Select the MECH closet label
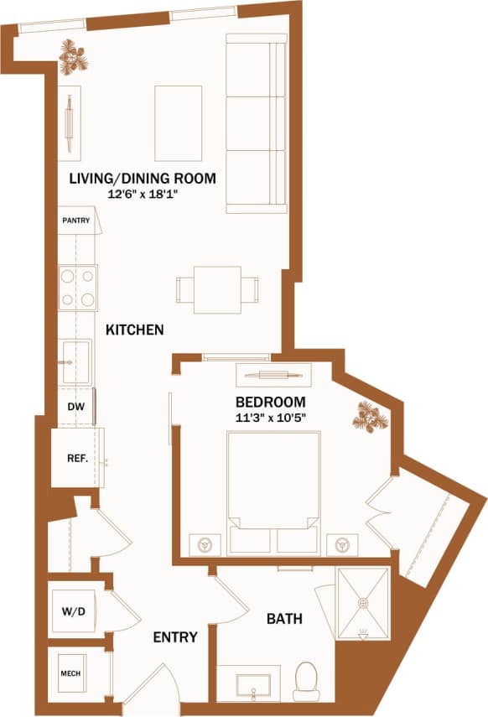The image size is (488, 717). [70, 673]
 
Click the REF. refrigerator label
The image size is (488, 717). [78, 458]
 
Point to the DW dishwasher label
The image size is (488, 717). [75, 407]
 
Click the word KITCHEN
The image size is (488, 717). [134, 330]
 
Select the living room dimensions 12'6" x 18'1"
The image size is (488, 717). [143, 194]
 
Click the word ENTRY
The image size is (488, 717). [175, 637]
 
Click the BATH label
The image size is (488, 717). [284, 620]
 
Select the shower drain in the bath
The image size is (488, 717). [362, 602]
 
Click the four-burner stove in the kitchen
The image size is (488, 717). [78, 288]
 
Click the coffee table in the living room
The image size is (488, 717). [178, 123]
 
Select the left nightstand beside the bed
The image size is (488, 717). [204, 543]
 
